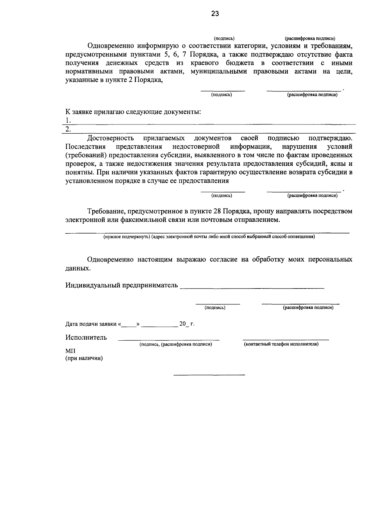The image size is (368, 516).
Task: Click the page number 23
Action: point(215,13)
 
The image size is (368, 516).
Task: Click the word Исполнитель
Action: point(86,338)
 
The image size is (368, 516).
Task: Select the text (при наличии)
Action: point(84,358)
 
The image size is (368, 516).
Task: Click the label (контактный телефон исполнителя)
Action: point(281,344)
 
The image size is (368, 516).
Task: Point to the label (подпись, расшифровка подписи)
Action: point(176,344)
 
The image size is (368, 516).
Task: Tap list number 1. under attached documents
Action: point(68,120)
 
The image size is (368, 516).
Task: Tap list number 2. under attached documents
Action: point(68,129)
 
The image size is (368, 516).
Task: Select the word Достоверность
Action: point(110,138)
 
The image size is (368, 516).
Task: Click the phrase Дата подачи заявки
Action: point(91,324)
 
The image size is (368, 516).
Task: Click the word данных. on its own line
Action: point(78,269)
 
